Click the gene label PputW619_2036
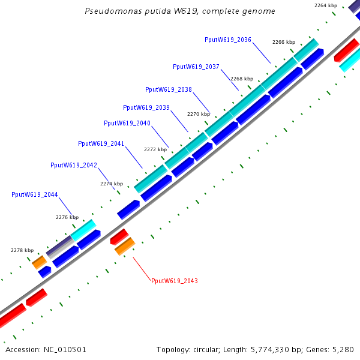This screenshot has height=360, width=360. pyautogui.click(x=227, y=40)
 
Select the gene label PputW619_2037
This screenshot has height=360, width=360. pyautogui.click(x=196, y=67)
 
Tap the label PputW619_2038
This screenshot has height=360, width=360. pyautogui.click(x=168, y=89)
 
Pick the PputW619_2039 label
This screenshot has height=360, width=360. pyautogui.click(x=146, y=107)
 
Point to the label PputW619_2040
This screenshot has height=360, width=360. pyautogui.click(x=127, y=123)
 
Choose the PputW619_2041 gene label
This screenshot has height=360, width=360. pyautogui.click(x=101, y=143)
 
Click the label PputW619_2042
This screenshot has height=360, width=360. pyautogui.click(x=73, y=165)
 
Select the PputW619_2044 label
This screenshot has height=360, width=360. pyautogui.click(x=34, y=194)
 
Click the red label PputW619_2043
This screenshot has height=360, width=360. pyautogui.click(x=174, y=281)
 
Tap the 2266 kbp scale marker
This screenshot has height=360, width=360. pyautogui.click(x=284, y=43)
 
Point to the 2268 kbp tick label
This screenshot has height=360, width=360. pyautogui.click(x=242, y=79)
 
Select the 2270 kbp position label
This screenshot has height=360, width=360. pyautogui.click(x=199, y=114)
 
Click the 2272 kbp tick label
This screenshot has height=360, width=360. pyautogui.click(x=155, y=149)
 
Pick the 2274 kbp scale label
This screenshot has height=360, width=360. pyautogui.click(x=112, y=184)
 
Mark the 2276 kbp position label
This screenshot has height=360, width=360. pyautogui.click(x=67, y=217)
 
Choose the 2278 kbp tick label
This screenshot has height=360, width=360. pyautogui.click(x=22, y=250)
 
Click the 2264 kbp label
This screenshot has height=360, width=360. pyautogui.click(x=326, y=5)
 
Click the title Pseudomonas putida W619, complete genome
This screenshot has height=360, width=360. pyautogui.click(x=180, y=11)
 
